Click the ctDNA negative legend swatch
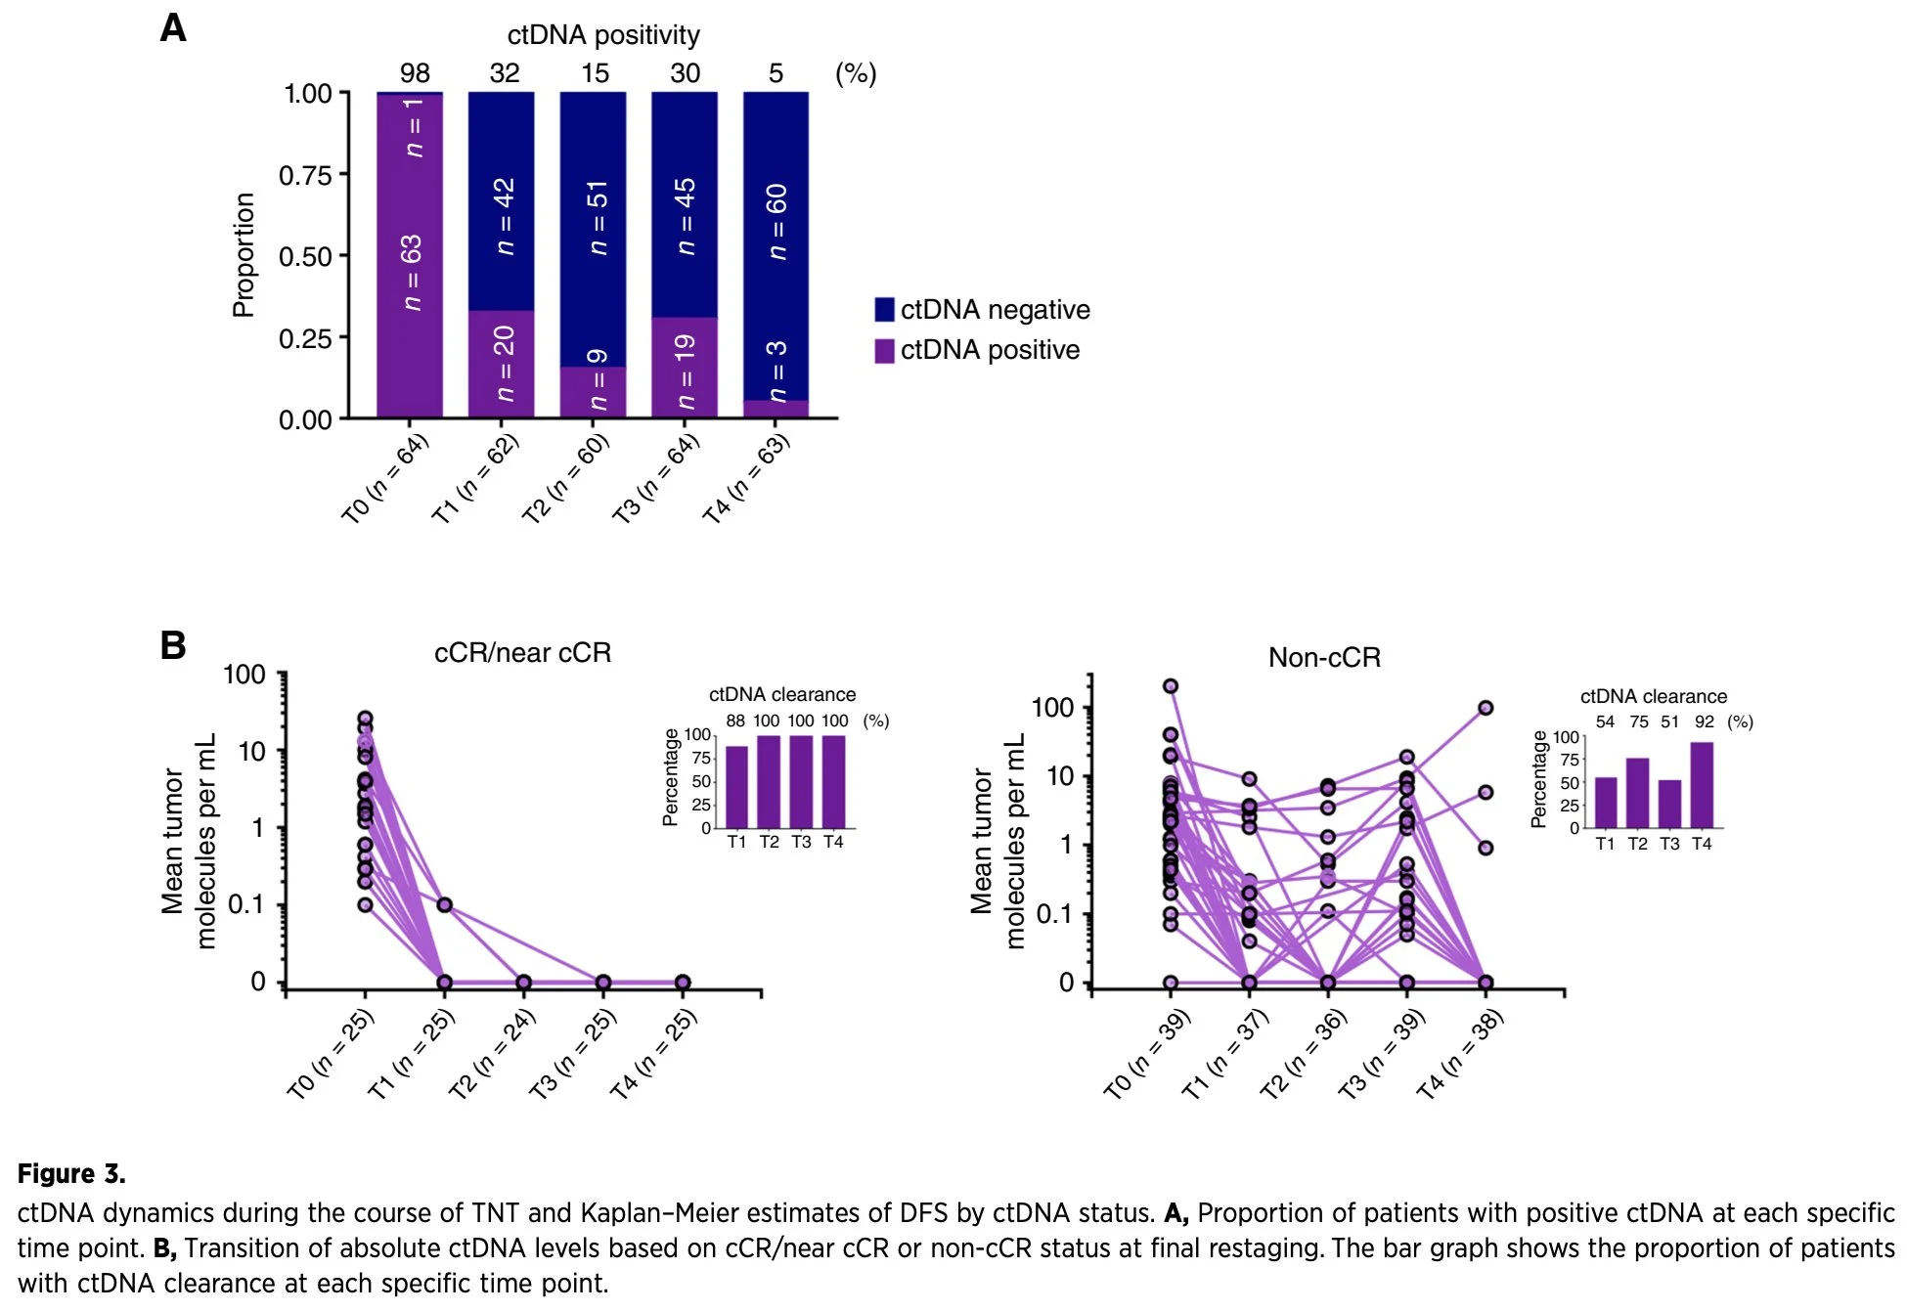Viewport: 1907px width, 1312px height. point(884,309)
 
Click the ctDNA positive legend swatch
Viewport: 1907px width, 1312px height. point(884,350)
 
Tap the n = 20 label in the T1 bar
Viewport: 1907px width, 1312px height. point(503,364)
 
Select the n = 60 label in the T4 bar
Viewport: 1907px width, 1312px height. point(776,221)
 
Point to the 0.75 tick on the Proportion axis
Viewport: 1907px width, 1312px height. point(306,175)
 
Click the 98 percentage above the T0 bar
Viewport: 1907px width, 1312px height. point(415,73)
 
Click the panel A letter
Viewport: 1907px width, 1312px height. point(173,28)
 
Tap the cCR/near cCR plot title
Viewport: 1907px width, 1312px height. point(522,652)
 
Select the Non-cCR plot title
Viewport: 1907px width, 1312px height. point(1324,657)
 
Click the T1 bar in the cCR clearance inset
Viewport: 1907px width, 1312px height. point(736,787)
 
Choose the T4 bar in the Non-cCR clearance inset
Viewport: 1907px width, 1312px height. point(1702,785)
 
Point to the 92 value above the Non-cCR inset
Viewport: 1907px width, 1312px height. point(1705,722)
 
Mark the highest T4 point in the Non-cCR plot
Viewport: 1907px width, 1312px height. point(1486,708)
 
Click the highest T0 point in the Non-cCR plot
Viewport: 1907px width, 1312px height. point(1171,686)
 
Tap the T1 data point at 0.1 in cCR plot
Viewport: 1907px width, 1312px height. point(445,904)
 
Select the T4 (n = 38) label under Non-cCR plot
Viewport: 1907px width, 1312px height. point(1461,1054)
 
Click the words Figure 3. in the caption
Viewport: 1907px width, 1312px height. point(71,1173)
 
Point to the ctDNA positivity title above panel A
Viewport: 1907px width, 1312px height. point(603,35)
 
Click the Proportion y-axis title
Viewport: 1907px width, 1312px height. point(244,255)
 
